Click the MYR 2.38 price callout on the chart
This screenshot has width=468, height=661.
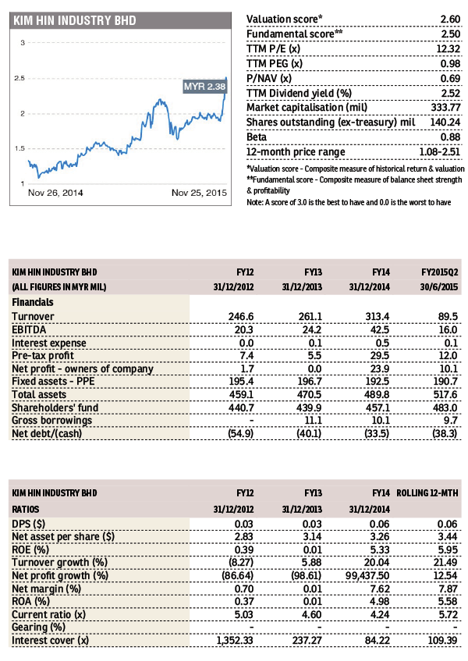pyautogui.click(x=204, y=86)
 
